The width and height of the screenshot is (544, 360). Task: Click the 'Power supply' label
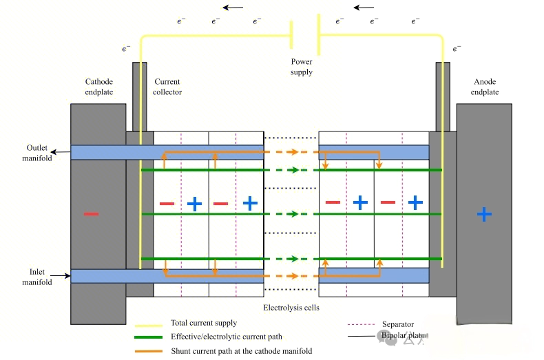[x=302, y=67]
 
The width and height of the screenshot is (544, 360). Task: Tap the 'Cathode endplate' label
[x=98, y=87]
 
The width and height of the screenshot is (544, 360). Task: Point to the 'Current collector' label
[x=167, y=87]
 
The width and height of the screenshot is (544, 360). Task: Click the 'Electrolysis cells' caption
[x=291, y=307]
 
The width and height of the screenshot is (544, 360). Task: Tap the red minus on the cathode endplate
[x=91, y=214]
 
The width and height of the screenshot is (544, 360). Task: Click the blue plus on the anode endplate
[x=484, y=214]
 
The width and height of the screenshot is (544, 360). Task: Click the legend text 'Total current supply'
[x=204, y=323]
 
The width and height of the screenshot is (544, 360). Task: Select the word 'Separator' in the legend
[x=398, y=324]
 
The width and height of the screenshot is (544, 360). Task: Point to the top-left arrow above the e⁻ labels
[x=233, y=8]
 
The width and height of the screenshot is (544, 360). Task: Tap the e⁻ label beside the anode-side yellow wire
[x=457, y=49]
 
